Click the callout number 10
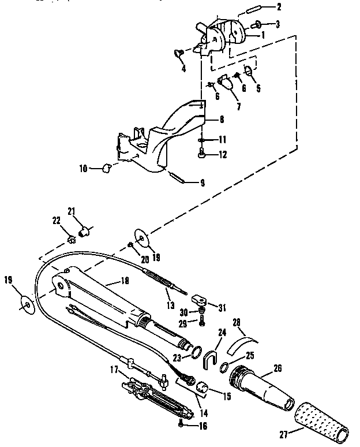click(x=84, y=169)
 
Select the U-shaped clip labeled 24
click(x=211, y=359)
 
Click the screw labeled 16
click(x=182, y=424)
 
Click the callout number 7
click(x=222, y=107)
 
